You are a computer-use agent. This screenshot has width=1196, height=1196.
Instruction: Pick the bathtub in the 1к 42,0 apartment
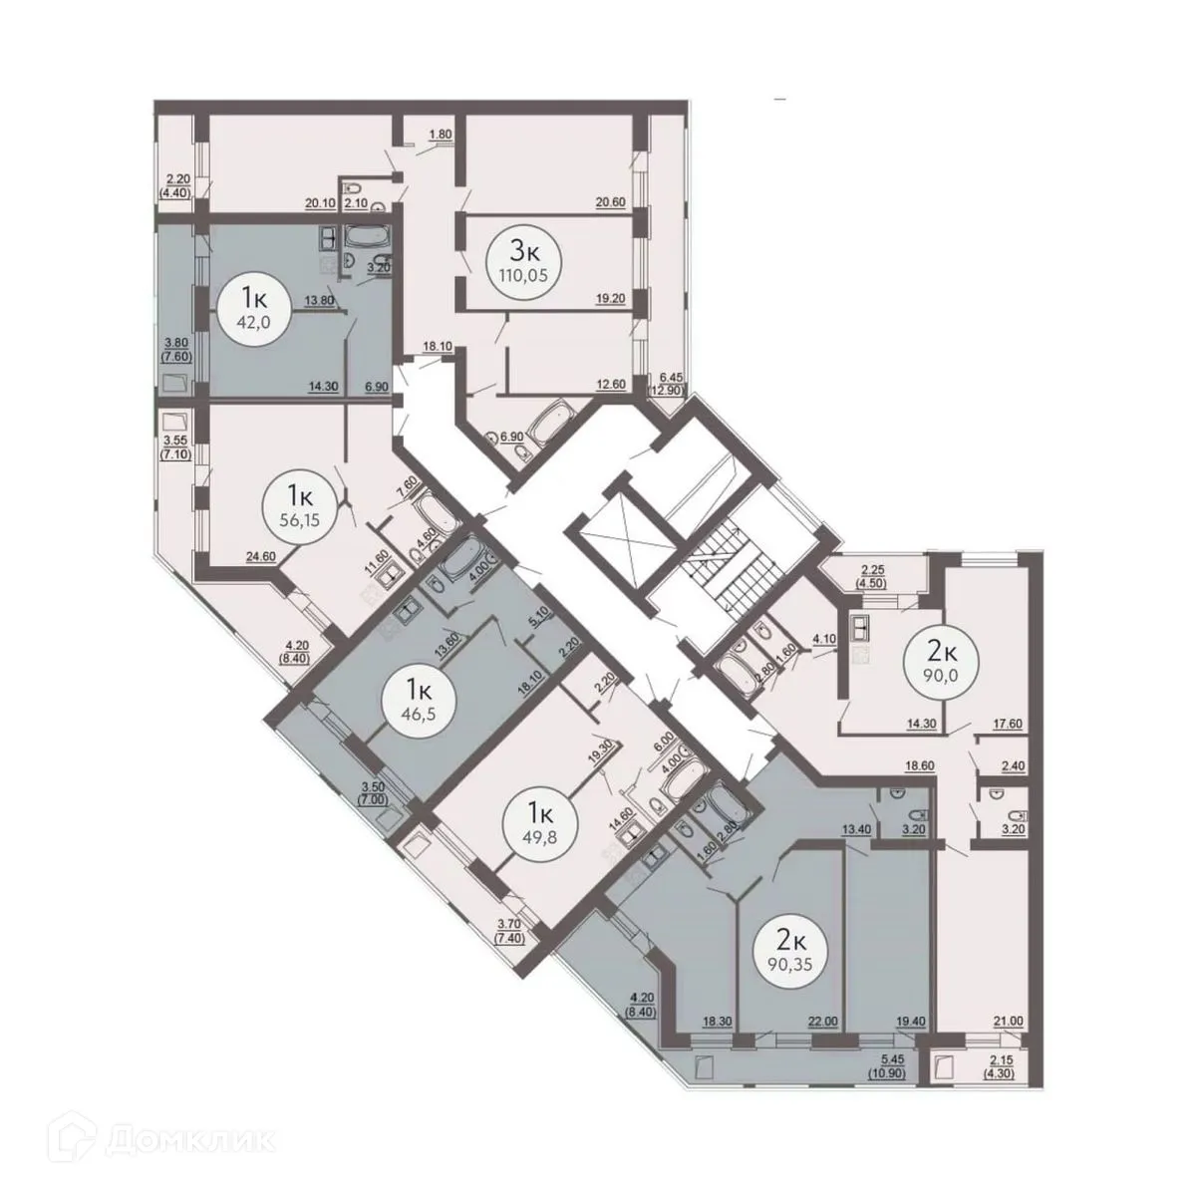(369, 237)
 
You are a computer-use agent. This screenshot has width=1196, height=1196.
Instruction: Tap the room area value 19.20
(609, 297)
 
